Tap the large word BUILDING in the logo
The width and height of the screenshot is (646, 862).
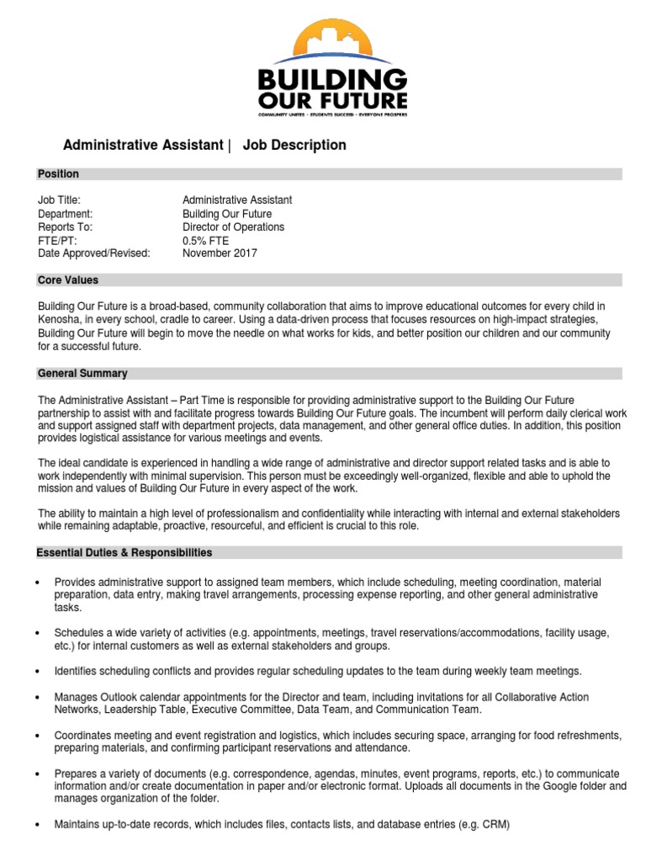(x=331, y=83)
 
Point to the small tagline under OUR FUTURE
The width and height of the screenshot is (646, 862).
(x=331, y=113)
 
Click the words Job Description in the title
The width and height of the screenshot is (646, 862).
(x=294, y=145)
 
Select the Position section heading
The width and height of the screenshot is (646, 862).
(x=58, y=174)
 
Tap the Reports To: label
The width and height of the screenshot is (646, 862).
(x=65, y=227)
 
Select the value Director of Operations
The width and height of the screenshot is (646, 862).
(x=233, y=227)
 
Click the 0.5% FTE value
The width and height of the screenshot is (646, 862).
(x=205, y=240)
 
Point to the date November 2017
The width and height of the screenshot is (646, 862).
(x=220, y=253)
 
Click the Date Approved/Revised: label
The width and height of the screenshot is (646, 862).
(x=93, y=253)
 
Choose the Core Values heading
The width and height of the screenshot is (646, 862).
(x=67, y=280)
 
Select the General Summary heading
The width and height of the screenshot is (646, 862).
(x=82, y=373)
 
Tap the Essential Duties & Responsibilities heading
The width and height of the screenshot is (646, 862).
(x=124, y=553)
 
